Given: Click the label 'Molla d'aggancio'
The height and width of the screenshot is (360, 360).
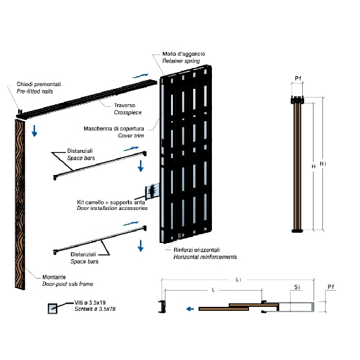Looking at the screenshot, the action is [x=184, y=54].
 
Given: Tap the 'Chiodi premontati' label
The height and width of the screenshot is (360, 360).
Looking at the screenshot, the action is [x=39, y=84].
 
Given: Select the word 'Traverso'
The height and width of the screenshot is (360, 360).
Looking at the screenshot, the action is [x=124, y=105].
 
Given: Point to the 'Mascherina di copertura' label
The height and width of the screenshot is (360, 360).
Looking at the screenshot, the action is [x=114, y=129].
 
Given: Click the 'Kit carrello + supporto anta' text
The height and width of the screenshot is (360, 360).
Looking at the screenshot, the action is [x=111, y=203].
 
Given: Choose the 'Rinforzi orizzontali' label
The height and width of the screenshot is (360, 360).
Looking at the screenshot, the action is [x=196, y=250].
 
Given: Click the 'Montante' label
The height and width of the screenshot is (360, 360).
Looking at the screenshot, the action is [x=54, y=277].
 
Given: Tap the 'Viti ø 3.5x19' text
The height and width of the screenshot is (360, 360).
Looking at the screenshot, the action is [x=90, y=303].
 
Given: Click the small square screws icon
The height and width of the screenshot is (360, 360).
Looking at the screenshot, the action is [x=52, y=308].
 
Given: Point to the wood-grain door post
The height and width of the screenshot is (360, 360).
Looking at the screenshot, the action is [x=20, y=205].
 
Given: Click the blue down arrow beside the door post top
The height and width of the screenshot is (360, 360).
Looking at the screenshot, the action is [x=34, y=131].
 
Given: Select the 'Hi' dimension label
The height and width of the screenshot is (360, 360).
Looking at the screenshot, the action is [x=323, y=164].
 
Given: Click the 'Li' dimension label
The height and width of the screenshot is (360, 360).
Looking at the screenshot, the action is [x=238, y=280].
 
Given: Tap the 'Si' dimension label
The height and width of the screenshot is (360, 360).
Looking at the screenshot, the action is [x=297, y=287].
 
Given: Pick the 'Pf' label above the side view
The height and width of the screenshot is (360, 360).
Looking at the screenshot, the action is [x=298, y=78].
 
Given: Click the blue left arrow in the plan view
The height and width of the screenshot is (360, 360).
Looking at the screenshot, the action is [x=190, y=309].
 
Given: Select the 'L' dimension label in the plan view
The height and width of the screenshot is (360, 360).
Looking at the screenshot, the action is [x=213, y=290].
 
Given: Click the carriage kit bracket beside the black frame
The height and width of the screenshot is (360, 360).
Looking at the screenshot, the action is [x=152, y=191].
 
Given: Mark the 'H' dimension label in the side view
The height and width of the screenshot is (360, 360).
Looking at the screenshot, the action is [x=314, y=166].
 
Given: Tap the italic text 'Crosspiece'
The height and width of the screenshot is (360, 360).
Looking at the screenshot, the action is [x=128, y=112].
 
